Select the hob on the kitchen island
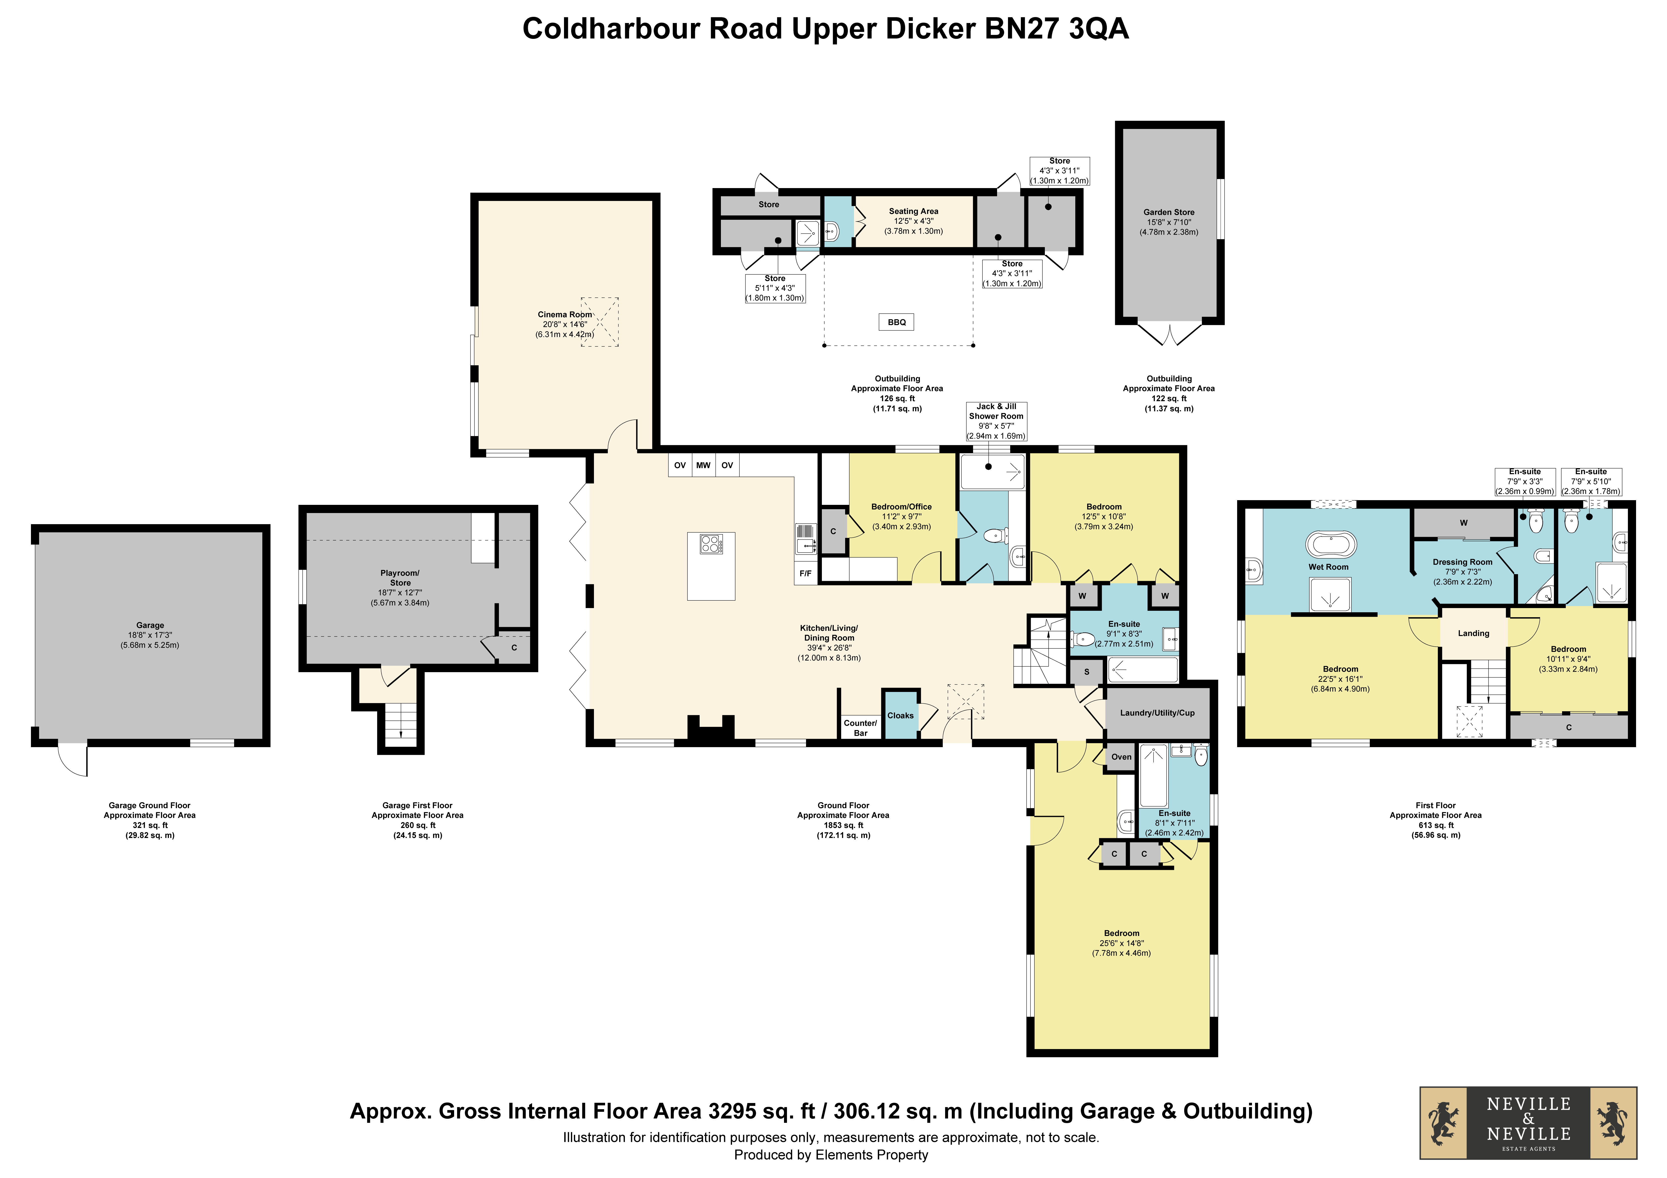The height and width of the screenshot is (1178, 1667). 711,544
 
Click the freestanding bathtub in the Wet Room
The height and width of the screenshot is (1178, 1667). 1331,545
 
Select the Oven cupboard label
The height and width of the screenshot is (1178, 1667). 1121,757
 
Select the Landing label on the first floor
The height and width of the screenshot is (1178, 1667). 1473,633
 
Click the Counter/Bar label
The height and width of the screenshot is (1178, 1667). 860,728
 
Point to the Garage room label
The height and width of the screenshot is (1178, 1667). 150,625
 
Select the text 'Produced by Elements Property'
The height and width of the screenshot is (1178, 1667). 831,1155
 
